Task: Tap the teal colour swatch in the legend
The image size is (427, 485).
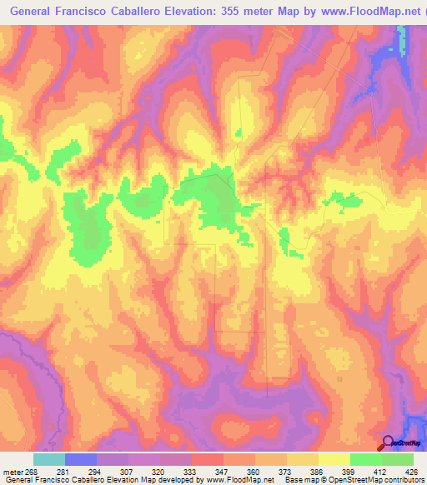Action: point(49,459)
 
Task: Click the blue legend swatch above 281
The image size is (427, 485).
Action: point(81,459)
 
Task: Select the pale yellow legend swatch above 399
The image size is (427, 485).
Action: point(334,459)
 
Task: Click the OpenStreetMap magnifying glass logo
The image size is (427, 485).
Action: point(387,442)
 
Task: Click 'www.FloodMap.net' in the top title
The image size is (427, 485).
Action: point(364,12)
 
